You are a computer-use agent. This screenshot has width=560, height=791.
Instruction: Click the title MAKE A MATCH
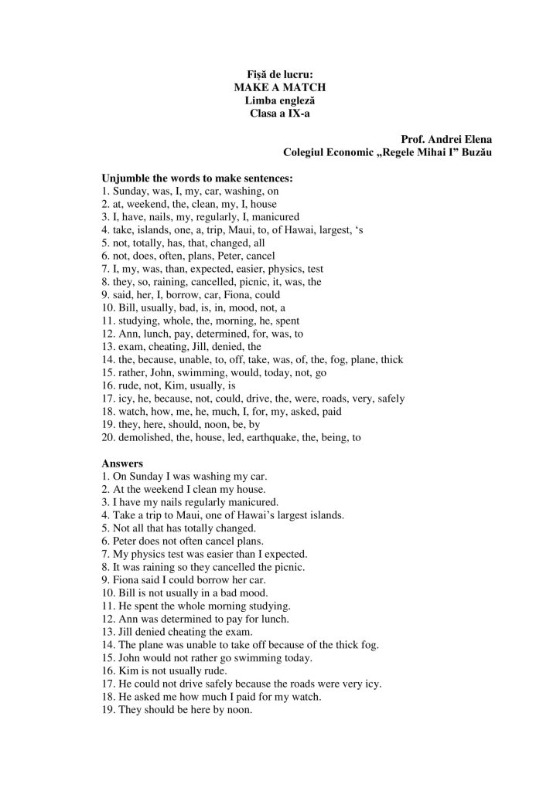tap(279, 89)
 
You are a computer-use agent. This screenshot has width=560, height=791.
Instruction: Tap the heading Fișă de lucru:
tap(279, 76)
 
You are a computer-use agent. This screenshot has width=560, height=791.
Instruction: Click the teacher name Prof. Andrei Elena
tap(447, 139)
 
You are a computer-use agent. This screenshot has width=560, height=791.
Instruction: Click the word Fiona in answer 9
tap(132, 579)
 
